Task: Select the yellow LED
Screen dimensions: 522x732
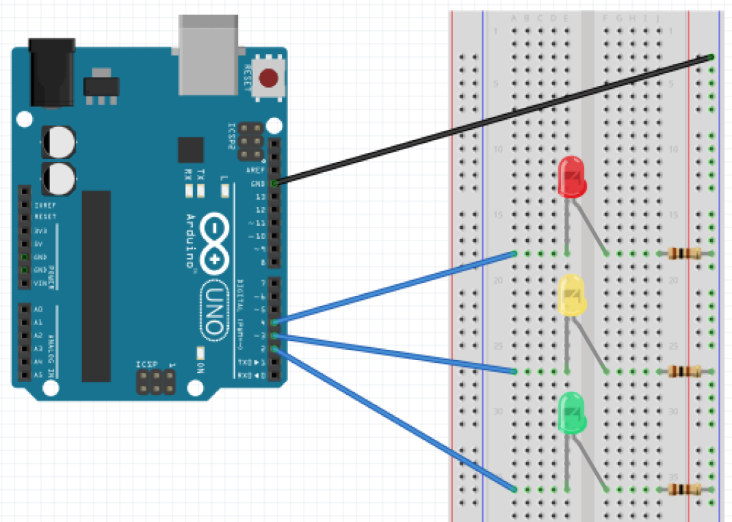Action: [572, 295]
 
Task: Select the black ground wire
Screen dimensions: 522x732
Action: [493, 120]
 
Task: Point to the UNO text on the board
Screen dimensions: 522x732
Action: [214, 312]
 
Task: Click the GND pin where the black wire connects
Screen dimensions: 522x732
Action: [275, 184]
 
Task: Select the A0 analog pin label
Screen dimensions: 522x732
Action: [38, 309]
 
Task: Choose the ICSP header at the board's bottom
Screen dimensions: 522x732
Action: [157, 383]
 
